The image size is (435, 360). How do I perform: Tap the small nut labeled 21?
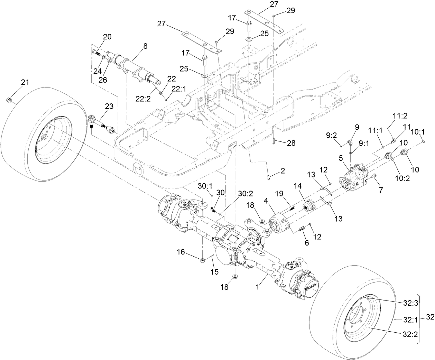click(9, 100)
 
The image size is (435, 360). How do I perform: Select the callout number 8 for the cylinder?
click(135, 45)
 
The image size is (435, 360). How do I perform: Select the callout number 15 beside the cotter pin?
click(214, 272)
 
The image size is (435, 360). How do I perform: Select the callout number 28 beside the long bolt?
click(291, 142)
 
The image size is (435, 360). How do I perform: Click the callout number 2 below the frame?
click(283, 170)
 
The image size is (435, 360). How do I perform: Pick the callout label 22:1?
click(178, 89)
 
